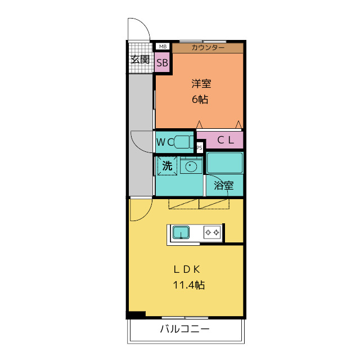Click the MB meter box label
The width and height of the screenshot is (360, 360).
(163, 47)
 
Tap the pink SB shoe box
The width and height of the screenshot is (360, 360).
(162, 62)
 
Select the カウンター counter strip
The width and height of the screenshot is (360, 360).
(208, 48)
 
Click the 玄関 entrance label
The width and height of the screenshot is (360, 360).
(140, 60)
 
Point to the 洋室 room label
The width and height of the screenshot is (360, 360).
(201, 84)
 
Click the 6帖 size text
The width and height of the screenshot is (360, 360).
(200, 100)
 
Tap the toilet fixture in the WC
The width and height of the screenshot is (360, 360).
(184, 142)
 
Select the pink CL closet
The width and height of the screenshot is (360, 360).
(220, 140)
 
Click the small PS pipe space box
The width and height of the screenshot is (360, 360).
(199, 147)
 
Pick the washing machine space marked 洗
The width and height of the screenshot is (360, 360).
(167, 166)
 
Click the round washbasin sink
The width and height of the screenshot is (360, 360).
(191, 166)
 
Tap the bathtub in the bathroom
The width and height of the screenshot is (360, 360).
(224, 163)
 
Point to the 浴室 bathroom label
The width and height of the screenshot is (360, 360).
(224, 186)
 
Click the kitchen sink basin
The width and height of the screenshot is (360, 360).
(181, 232)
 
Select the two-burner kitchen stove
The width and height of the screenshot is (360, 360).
(212, 232)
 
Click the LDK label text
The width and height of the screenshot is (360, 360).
(187, 269)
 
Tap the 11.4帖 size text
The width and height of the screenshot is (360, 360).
(189, 285)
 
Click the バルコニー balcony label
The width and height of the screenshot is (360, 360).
(185, 329)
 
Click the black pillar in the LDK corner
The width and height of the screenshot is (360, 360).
(137, 314)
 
